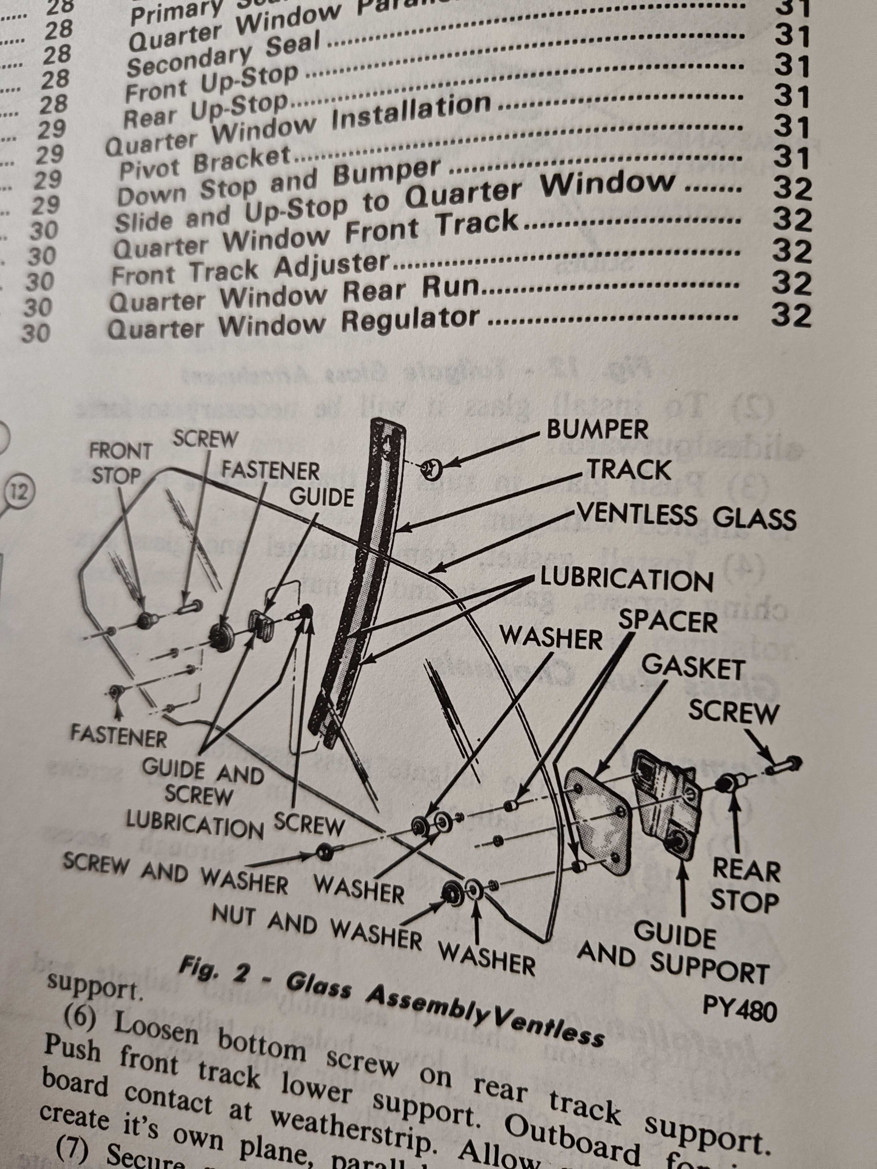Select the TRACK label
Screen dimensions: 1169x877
(x=629, y=470)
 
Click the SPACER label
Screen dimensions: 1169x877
(x=668, y=622)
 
